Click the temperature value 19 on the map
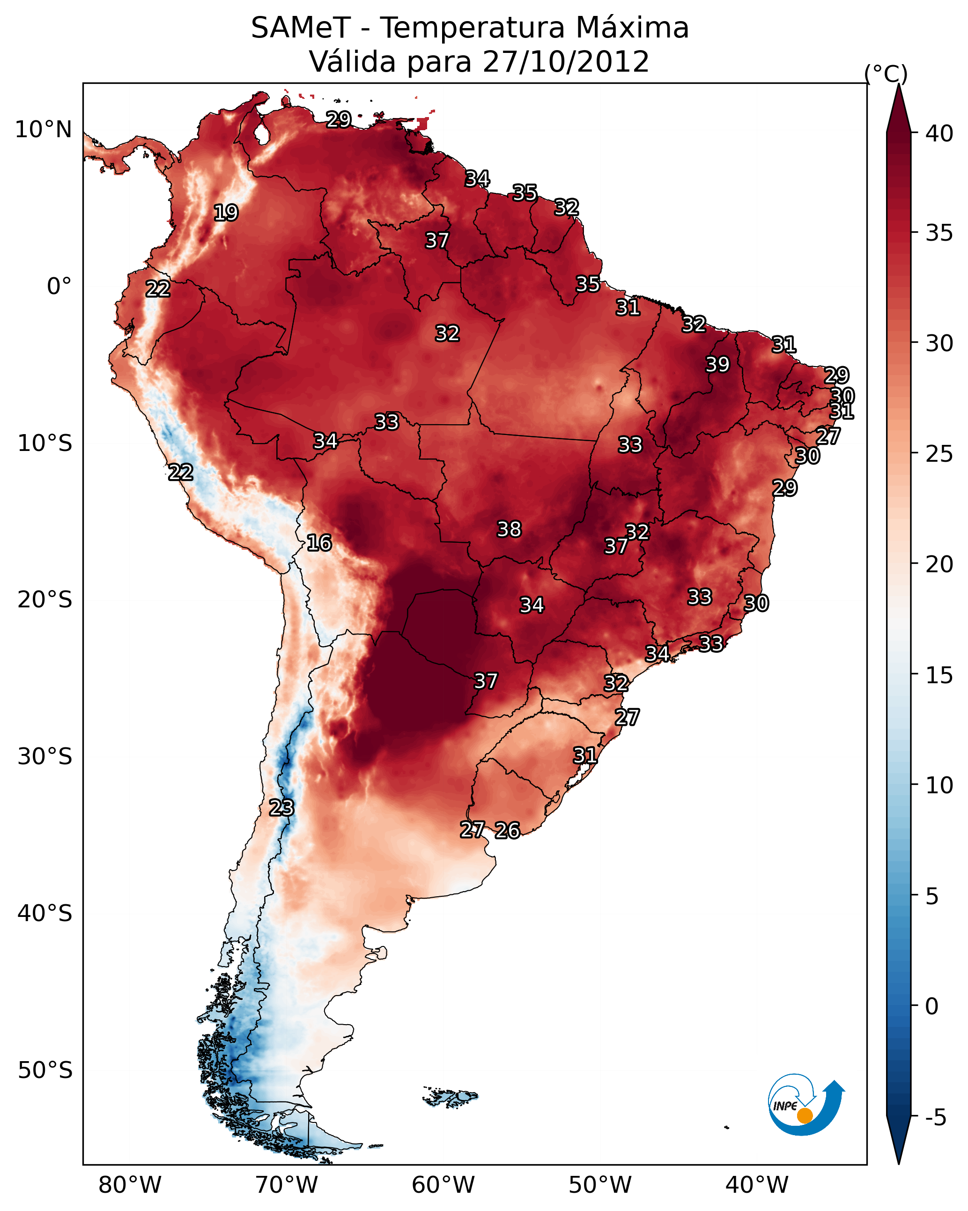pyautogui.click(x=226, y=213)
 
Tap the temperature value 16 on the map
pyautogui.click(x=319, y=543)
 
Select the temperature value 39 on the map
pyautogui.click(x=717, y=364)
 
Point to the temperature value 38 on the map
pyautogui.click(x=509, y=529)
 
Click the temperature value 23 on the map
pyautogui.click(x=281, y=808)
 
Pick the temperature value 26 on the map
pyautogui.click(x=507, y=830)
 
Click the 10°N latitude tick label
pyautogui.click(x=43, y=130)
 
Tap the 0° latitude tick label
pyautogui.click(x=59, y=287)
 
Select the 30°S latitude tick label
pyautogui.click(x=45, y=757)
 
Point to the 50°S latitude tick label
pyautogui.click(x=45, y=1071)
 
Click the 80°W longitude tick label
pyautogui.click(x=130, y=1185)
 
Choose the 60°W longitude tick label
pyautogui.click(x=443, y=1185)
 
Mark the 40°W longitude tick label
pyautogui.click(x=757, y=1185)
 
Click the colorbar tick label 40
pyautogui.click(x=939, y=133)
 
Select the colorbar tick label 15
pyautogui.click(x=939, y=675)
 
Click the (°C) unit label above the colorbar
pyautogui.click(x=886, y=74)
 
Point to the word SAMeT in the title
pyautogui.click(x=301, y=28)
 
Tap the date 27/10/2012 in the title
pyautogui.click(x=566, y=62)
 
